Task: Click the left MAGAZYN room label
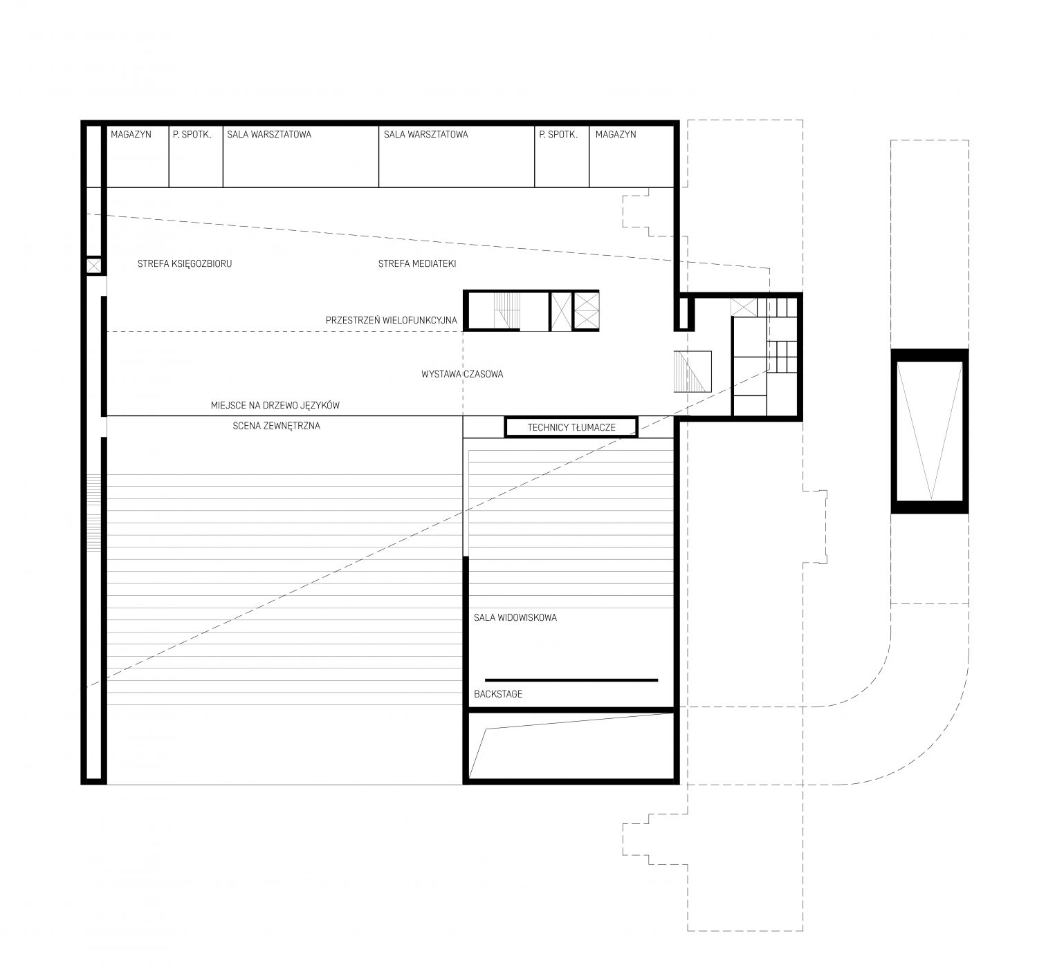coord(131,134)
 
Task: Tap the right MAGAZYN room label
coord(616,134)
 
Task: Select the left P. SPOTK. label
coord(192,134)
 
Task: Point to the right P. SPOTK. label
coord(558,134)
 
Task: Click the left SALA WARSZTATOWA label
coord(269,134)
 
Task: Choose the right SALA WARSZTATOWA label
coord(425,134)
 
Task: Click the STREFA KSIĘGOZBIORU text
coord(184,264)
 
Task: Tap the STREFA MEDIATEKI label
coord(417,264)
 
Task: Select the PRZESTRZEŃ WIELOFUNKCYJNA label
coord(392,320)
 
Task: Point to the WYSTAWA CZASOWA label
coord(462,375)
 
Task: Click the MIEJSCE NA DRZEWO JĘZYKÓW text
coord(275,405)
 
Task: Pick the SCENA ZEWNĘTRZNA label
coord(277,426)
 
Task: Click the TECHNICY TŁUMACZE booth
coord(571,427)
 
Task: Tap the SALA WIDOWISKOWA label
coord(515,617)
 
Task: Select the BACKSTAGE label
coord(498,694)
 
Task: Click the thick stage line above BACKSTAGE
coord(571,680)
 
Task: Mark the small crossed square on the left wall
coord(94,266)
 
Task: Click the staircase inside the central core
coord(506,310)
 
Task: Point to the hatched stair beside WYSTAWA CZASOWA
coord(692,372)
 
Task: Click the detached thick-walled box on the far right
coord(930,431)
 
